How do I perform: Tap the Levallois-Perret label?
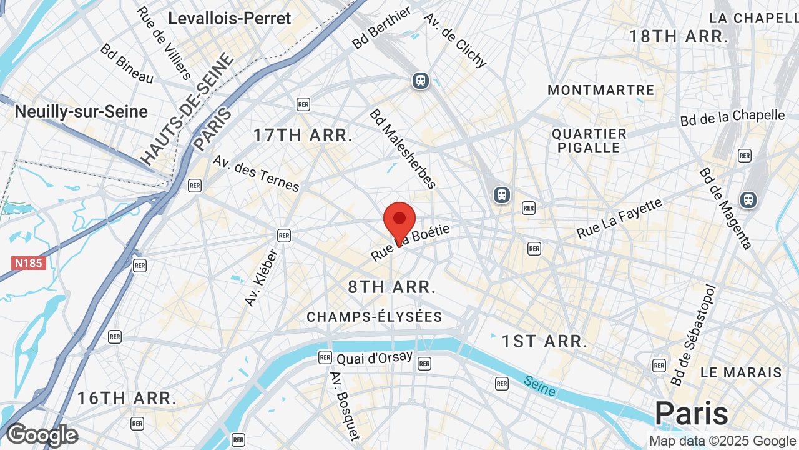click(230, 19)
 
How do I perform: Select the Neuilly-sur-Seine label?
click(81, 112)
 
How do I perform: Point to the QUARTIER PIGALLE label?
click(589, 141)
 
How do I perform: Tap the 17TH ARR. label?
click(303, 135)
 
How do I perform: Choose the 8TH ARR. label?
click(391, 287)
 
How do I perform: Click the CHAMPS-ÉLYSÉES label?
click(375, 317)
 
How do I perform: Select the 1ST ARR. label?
click(544, 341)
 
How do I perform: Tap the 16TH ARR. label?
click(127, 398)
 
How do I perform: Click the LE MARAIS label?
click(741, 372)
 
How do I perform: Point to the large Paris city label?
click(692, 414)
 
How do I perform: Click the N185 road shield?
click(29, 263)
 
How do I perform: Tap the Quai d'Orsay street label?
click(375, 358)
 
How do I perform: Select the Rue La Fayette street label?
click(619, 219)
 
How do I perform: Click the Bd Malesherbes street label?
click(402, 149)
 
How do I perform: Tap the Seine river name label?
click(539, 386)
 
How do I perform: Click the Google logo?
click(42, 435)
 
